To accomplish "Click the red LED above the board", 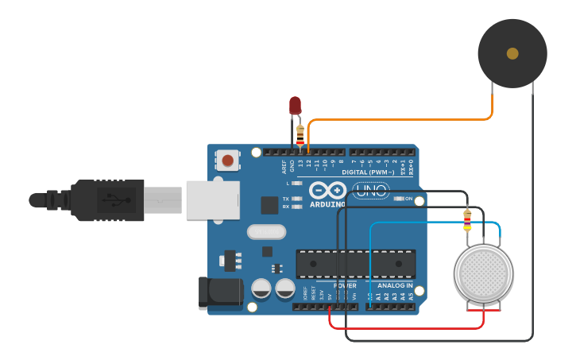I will click(x=295, y=105).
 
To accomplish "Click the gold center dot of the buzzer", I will click(x=512, y=53).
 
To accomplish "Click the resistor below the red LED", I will click(x=300, y=134).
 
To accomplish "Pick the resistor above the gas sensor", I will click(x=467, y=220).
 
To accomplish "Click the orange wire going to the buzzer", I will click(x=397, y=120).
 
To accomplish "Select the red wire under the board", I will click(x=405, y=327).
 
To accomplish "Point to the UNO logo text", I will click(x=370, y=191).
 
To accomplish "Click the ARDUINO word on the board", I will click(x=327, y=204).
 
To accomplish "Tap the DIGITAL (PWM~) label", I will click(x=368, y=172).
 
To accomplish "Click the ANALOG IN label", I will click(x=394, y=285).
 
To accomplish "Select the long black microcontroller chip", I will click(x=355, y=263).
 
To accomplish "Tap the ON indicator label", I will click(x=408, y=199).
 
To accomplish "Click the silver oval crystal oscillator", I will click(x=265, y=232).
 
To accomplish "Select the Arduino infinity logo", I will click(x=327, y=191).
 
